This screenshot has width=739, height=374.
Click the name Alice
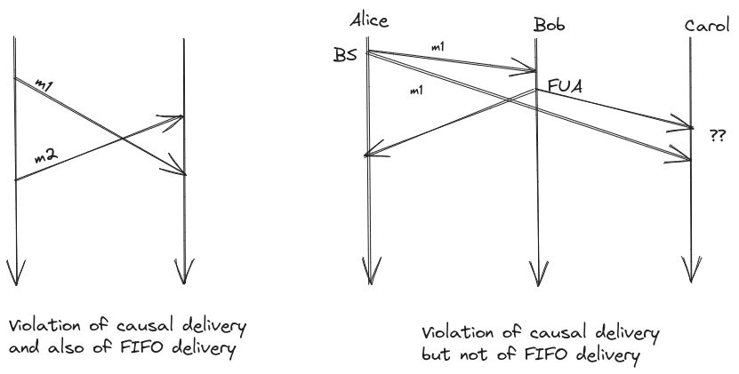point(370,20)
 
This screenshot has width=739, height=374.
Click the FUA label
point(565,86)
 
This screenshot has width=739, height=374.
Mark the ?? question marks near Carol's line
point(716,136)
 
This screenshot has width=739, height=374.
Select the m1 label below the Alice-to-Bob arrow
point(414,91)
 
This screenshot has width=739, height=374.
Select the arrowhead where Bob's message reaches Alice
point(368,155)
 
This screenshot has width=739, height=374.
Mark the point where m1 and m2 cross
point(122,138)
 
